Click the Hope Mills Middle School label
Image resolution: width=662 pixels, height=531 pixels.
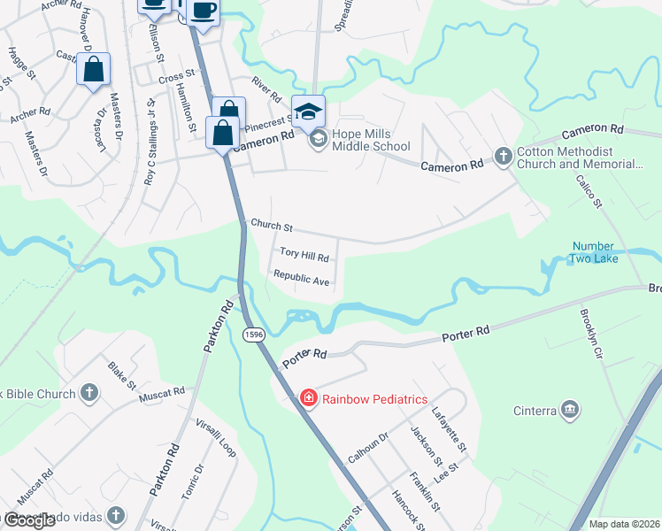(x=370, y=141)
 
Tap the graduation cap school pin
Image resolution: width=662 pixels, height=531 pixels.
(x=308, y=112)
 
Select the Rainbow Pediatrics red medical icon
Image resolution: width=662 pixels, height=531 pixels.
(x=308, y=399)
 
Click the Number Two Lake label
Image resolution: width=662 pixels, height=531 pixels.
(x=599, y=252)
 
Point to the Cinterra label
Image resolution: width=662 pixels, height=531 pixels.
(x=535, y=410)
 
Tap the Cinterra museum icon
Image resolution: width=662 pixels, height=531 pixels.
(x=570, y=409)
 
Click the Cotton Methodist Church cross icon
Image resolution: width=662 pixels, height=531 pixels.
(x=503, y=158)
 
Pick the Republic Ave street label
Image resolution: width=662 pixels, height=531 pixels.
(x=302, y=279)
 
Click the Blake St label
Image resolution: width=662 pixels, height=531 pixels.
(x=121, y=374)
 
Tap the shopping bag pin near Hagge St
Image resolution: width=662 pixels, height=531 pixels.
(x=93, y=70)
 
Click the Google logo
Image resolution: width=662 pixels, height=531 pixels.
(x=29, y=520)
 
